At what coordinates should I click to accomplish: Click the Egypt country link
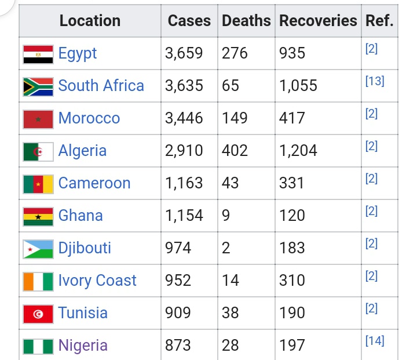pyautogui.click(x=77, y=53)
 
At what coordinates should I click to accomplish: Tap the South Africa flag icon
pyautogui.click(x=38, y=86)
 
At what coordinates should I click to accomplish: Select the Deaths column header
pyautogui.click(x=246, y=21)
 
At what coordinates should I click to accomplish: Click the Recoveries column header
pyautogui.click(x=318, y=21)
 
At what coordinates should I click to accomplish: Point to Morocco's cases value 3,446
pyautogui.click(x=184, y=118)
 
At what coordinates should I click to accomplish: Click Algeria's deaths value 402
pyautogui.click(x=235, y=151)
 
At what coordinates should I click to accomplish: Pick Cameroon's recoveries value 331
pyautogui.click(x=291, y=183)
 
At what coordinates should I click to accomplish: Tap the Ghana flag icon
pyautogui.click(x=38, y=216)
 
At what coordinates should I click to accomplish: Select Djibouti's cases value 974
pyautogui.click(x=178, y=248)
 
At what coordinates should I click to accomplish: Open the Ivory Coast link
pyautogui.click(x=97, y=281)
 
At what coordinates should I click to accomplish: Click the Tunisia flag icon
pyautogui.click(x=38, y=313)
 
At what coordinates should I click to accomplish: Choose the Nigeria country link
pyautogui.click(x=83, y=346)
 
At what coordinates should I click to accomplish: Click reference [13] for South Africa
pyautogui.click(x=375, y=81)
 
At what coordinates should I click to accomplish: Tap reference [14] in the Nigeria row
pyautogui.click(x=375, y=341)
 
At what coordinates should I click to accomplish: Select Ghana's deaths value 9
pyautogui.click(x=226, y=216)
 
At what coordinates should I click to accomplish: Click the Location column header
pyautogui.click(x=90, y=21)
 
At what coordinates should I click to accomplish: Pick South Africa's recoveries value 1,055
pyautogui.click(x=298, y=86)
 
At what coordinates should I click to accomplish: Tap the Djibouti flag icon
pyautogui.click(x=38, y=248)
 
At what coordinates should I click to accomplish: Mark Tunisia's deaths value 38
pyautogui.click(x=231, y=313)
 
